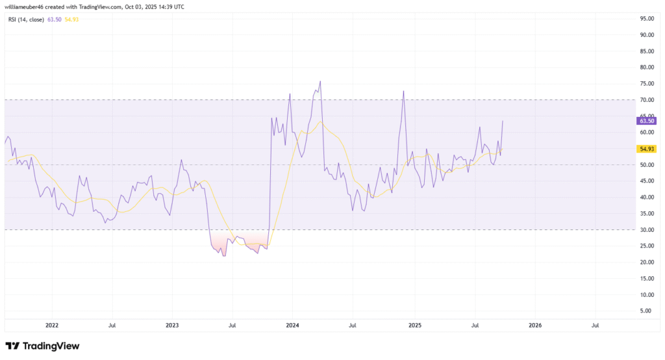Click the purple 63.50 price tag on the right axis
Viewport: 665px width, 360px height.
(647, 120)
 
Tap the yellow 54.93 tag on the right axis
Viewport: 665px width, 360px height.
(647, 149)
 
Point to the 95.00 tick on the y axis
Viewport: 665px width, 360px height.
(646, 18)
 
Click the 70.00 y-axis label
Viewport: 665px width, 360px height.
(646, 99)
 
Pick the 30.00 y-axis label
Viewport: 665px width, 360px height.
(646, 229)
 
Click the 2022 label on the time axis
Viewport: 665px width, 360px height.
(52, 324)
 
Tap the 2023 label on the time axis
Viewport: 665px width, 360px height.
(172, 324)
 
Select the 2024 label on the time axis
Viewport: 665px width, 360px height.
(293, 324)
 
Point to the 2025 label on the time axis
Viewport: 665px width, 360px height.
(414, 324)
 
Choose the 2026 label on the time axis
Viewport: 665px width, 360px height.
(534, 324)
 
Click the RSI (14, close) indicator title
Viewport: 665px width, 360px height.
(25, 19)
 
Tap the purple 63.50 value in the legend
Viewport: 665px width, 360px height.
(55, 19)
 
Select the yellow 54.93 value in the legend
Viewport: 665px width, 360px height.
(71, 19)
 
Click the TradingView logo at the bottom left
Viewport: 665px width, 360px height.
(42, 346)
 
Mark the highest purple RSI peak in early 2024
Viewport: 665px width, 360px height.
(320, 81)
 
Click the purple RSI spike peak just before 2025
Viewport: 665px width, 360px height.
(404, 91)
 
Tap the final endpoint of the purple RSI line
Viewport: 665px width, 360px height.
(503, 121)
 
